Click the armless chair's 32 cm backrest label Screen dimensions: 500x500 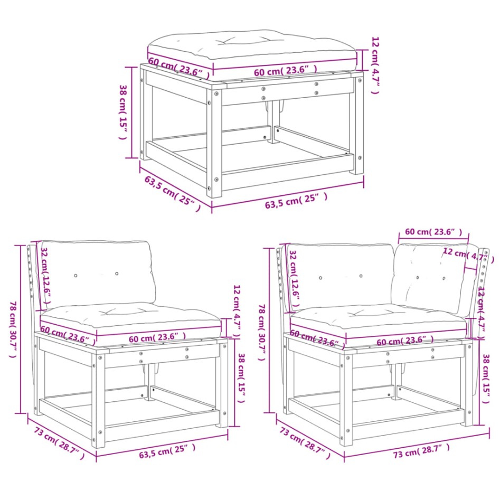[x=46, y=275]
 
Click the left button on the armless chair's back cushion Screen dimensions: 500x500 [x=76, y=276]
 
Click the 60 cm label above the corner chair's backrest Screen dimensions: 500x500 [x=433, y=232]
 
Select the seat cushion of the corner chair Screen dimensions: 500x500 [x=378, y=319]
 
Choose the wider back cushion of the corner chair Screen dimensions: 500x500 [x=341, y=275]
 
